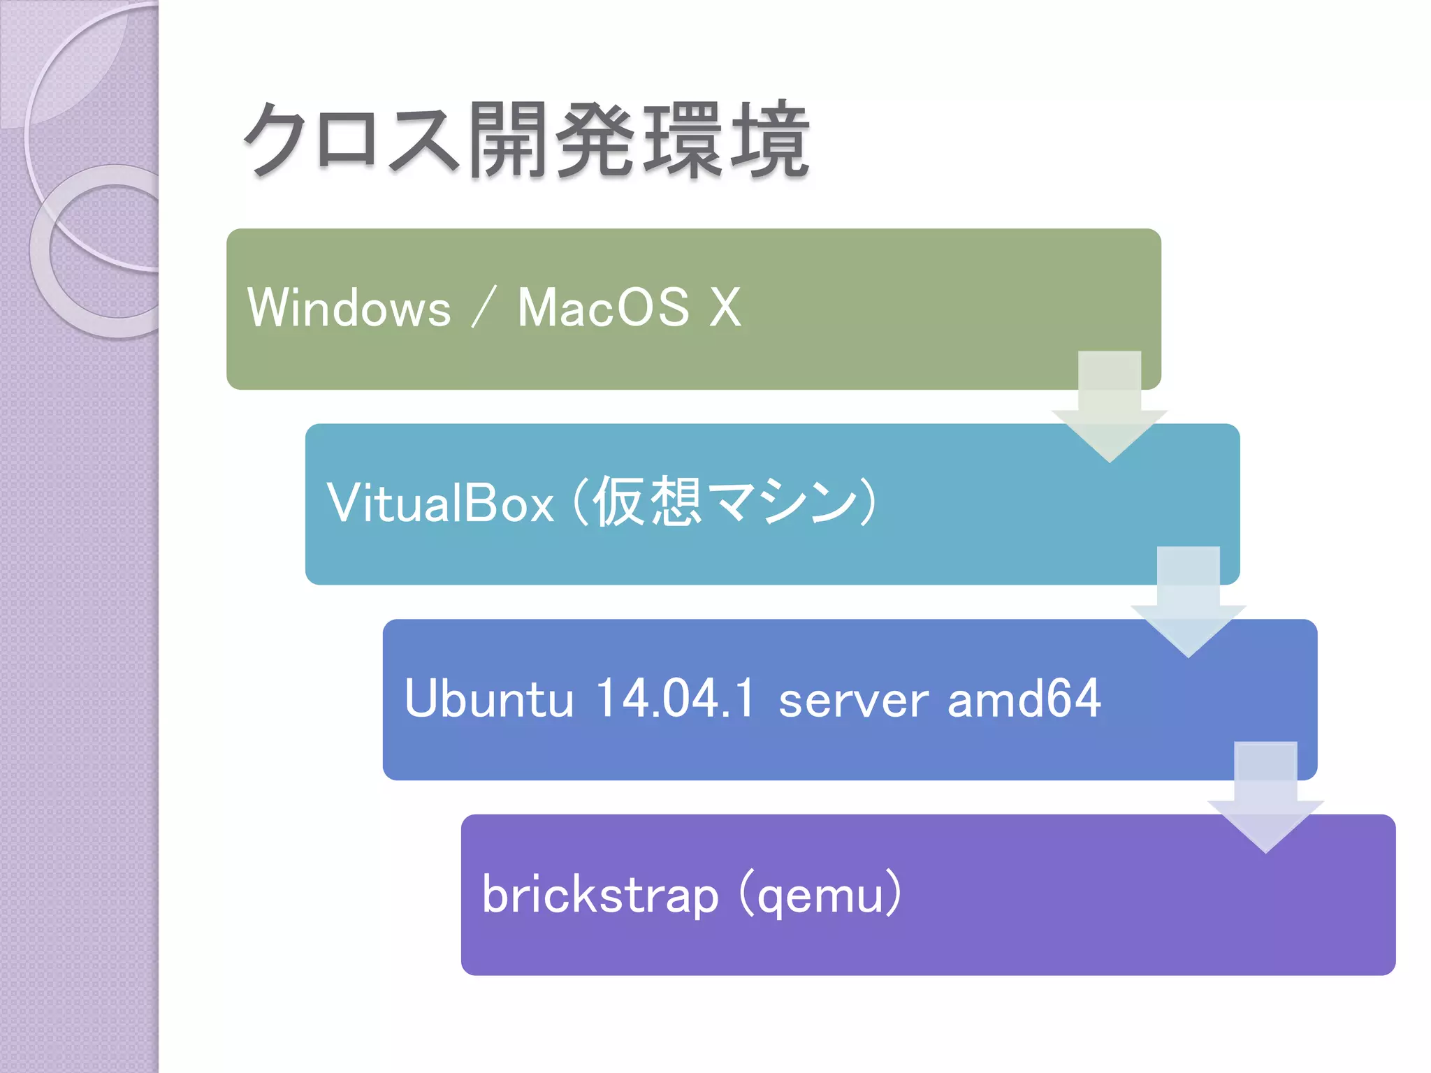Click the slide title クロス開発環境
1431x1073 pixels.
[525, 140]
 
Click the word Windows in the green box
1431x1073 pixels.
[349, 308]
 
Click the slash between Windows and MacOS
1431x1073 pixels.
[484, 308]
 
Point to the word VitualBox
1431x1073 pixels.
[440, 503]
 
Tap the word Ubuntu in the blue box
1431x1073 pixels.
[489, 699]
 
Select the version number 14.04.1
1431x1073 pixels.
[675, 699]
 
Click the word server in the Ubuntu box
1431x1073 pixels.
[853, 700]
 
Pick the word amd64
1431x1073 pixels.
[1024, 699]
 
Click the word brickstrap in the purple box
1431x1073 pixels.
[600, 895]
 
